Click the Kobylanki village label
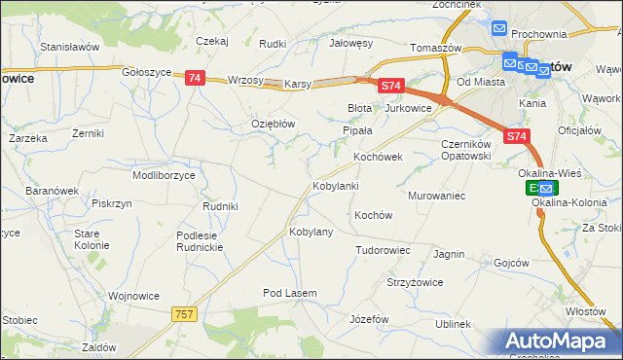click(335, 185)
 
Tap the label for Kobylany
click(311, 232)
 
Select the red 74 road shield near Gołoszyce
click(194, 78)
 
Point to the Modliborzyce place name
click(164, 175)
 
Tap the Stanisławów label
click(70, 46)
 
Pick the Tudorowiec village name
click(383, 250)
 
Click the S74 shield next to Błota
click(390, 87)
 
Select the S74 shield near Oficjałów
click(517, 138)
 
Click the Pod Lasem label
click(285, 292)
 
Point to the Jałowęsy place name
click(351, 43)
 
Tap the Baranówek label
click(52, 191)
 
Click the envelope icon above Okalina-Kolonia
click(546, 188)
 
